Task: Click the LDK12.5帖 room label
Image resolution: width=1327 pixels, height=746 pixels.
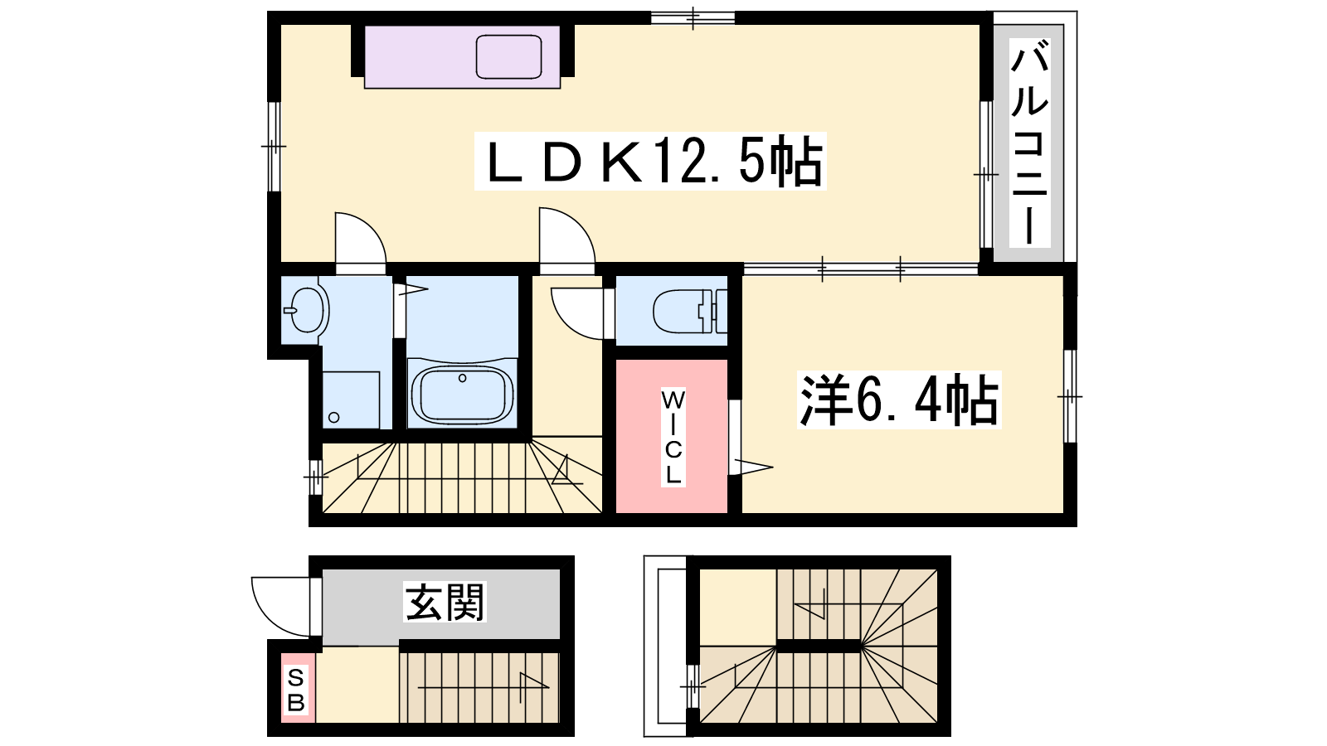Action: pyautogui.click(x=650, y=161)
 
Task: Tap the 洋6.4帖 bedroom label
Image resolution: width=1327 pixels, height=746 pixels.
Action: pyautogui.click(x=899, y=400)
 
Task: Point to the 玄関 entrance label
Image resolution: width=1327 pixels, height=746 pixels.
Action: pyautogui.click(x=445, y=602)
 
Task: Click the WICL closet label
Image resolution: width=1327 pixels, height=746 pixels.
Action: pyautogui.click(x=673, y=438)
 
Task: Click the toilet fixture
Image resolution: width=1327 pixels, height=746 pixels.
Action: pyautogui.click(x=690, y=311)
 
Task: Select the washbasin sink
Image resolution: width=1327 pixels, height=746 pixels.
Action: pyautogui.click(x=305, y=310)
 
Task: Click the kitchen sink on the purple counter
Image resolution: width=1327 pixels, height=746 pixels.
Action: pyautogui.click(x=509, y=57)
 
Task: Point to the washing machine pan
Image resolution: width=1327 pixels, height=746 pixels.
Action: pyautogui.click(x=351, y=400)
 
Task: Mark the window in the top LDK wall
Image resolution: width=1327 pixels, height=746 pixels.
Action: pyautogui.click(x=693, y=17)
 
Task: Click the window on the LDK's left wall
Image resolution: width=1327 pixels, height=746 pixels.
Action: pyautogui.click(x=274, y=146)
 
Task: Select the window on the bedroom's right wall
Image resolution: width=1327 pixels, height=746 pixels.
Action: pyautogui.click(x=1070, y=396)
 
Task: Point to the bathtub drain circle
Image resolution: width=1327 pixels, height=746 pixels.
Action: pyautogui.click(x=463, y=378)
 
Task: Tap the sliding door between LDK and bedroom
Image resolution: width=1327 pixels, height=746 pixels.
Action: pyautogui.click(x=861, y=269)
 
